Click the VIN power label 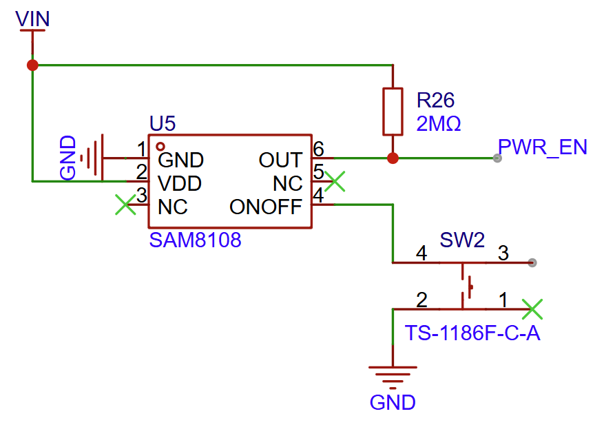tap(32, 19)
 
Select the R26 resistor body tap(393, 112)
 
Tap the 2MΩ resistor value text tap(439, 124)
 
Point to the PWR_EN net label tap(543, 147)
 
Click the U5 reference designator tap(163, 124)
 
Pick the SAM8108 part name tap(195, 241)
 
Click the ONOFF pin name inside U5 tap(266, 207)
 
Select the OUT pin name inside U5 tap(280, 160)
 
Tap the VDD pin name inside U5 tap(180, 184)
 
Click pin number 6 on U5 tap(318, 149)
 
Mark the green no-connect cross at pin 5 tap(335, 182)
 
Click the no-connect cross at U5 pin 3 tap(125, 205)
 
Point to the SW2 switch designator tap(462, 240)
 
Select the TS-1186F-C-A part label tap(472, 334)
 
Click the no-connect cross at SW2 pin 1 tap(532, 309)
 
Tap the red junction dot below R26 tap(393, 158)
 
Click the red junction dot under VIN tap(32, 65)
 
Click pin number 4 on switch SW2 tap(421, 253)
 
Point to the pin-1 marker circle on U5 tap(160, 146)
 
